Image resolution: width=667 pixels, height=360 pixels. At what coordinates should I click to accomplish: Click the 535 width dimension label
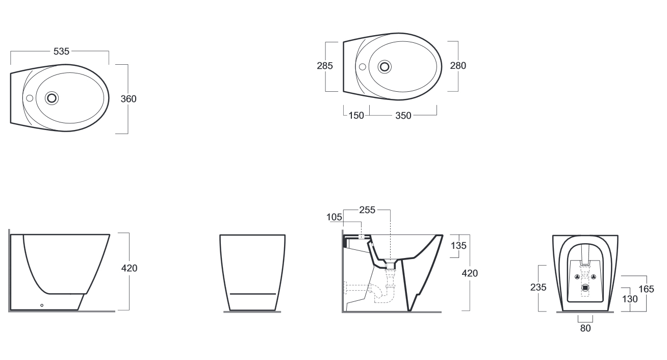click(x=61, y=52)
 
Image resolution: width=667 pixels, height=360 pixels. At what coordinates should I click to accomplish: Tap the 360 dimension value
click(x=129, y=99)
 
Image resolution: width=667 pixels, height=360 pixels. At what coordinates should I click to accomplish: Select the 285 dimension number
click(x=324, y=66)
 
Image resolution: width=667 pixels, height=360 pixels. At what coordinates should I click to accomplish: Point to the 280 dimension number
click(x=458, y=65)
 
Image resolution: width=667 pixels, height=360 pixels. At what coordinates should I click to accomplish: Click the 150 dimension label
click(x=356, y=116)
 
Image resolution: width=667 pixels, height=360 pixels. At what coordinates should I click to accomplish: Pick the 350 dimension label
click(x=403, y=116)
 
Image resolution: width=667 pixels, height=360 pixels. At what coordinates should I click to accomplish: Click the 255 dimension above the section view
click(x=367, y=210)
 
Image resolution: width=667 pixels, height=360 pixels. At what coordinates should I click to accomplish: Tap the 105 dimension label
click(x=334, y=217)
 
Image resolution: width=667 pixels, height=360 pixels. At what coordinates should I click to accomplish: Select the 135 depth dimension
click(x=458, y=246)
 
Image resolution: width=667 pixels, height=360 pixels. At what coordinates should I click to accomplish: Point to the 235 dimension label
click(x=538, y=288)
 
